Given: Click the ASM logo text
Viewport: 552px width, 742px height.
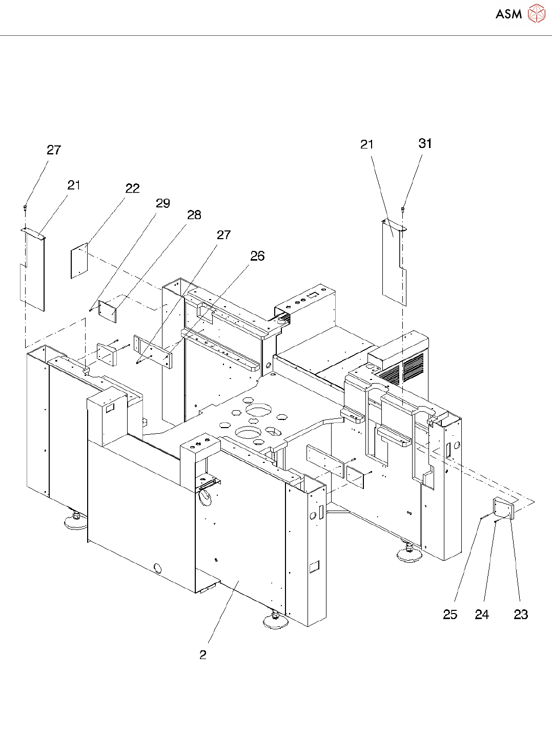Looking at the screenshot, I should point(508,14).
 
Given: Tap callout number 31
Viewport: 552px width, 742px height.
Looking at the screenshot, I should point(425,144).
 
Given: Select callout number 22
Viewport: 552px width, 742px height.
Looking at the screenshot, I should point(132,189).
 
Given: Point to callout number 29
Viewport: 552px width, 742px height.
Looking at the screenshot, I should point(162,204).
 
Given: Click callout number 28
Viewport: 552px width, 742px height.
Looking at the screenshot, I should point(194,215).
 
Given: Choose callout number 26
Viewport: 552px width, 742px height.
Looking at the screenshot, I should point(257,256).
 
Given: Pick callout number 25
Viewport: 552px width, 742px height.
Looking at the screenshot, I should point(449,614).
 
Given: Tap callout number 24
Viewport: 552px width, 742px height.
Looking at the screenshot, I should point(481,614).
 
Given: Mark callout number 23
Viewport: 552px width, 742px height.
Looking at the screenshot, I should point(520,614).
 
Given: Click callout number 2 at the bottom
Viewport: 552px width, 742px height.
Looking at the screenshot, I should point(203,655).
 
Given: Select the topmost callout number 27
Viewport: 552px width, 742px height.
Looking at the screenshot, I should point(54,150).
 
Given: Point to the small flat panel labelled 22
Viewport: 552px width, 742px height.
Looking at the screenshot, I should point(79,261).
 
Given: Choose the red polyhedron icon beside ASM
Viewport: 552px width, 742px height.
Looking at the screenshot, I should point(536,14).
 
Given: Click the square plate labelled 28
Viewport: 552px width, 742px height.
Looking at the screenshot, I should point(107,311).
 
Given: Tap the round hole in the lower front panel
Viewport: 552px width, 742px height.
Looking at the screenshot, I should point(157,567).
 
